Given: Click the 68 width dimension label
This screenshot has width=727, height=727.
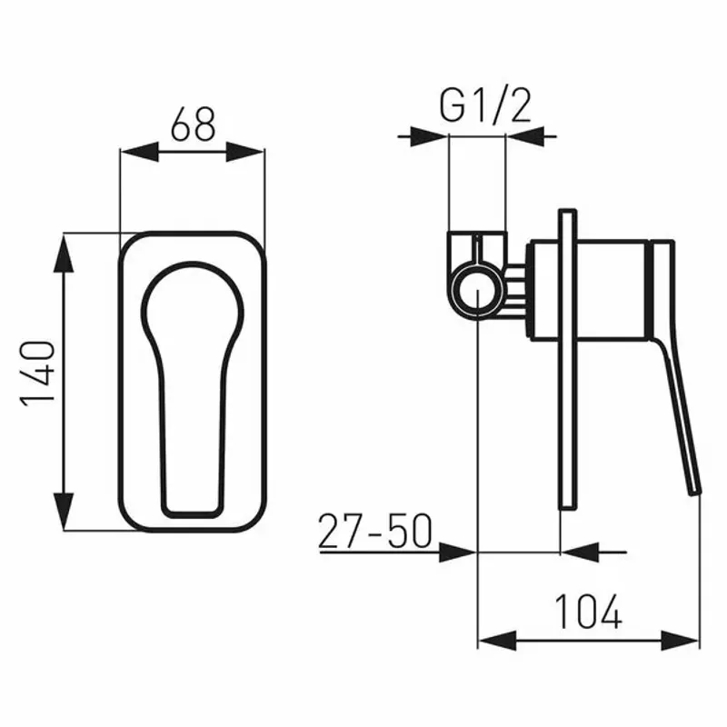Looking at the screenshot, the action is [193, 124].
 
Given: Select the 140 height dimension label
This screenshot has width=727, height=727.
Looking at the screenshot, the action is [37, 373].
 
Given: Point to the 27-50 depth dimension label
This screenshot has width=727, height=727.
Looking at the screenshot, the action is [375, 531].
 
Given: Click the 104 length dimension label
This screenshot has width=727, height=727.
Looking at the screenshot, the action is [588, 612].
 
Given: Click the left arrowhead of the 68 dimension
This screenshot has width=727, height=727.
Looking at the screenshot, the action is [139, 152].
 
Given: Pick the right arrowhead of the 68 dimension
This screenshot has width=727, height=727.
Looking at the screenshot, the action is [245, 152].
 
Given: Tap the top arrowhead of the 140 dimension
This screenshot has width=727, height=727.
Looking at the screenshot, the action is [64, 254].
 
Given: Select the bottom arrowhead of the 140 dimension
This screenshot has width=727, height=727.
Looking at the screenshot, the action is [64, 512].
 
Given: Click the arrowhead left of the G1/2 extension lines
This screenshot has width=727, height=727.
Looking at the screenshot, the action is [430, 136].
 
